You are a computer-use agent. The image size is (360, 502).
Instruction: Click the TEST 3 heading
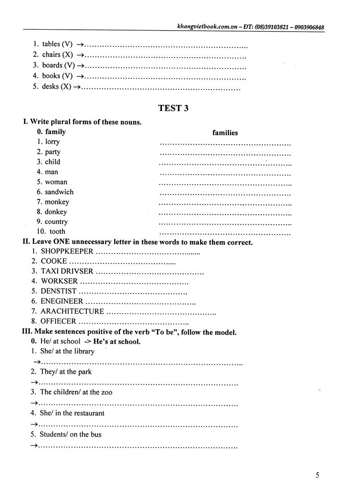tap(173, 108)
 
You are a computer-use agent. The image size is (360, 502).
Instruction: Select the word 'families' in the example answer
tap(225, 133)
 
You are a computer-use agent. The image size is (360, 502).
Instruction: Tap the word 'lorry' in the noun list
tap(52, 142)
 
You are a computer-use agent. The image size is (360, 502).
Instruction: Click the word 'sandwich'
tap(59, 192)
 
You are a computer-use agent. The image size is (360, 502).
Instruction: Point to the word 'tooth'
tap(57, 232)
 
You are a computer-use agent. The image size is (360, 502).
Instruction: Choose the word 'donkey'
tap(56, 212)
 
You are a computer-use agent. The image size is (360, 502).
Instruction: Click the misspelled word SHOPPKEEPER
tap(67, 252)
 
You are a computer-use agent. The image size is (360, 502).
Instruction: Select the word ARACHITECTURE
tap(72, 312)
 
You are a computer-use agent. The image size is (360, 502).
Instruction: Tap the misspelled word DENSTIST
tap(59, 291)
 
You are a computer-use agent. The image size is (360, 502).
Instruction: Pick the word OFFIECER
tap(58, 321)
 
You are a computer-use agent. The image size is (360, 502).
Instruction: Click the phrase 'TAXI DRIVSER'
tap(67, 271)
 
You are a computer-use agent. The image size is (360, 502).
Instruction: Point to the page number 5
tap(317, 475)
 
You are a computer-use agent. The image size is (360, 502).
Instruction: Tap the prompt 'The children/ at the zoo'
tap(76, 392)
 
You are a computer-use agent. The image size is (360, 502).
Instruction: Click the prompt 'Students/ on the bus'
tap(70, 435)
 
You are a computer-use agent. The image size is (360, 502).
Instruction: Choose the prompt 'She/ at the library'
tap(67, 352)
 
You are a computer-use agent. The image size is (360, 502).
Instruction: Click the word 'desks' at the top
tap(50, 87)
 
